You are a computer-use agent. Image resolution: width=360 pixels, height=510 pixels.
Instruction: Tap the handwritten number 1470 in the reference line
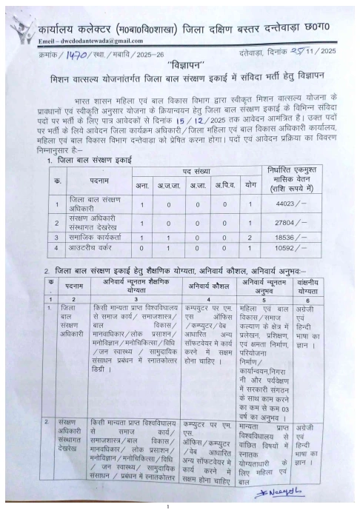(x=75, y=56)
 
